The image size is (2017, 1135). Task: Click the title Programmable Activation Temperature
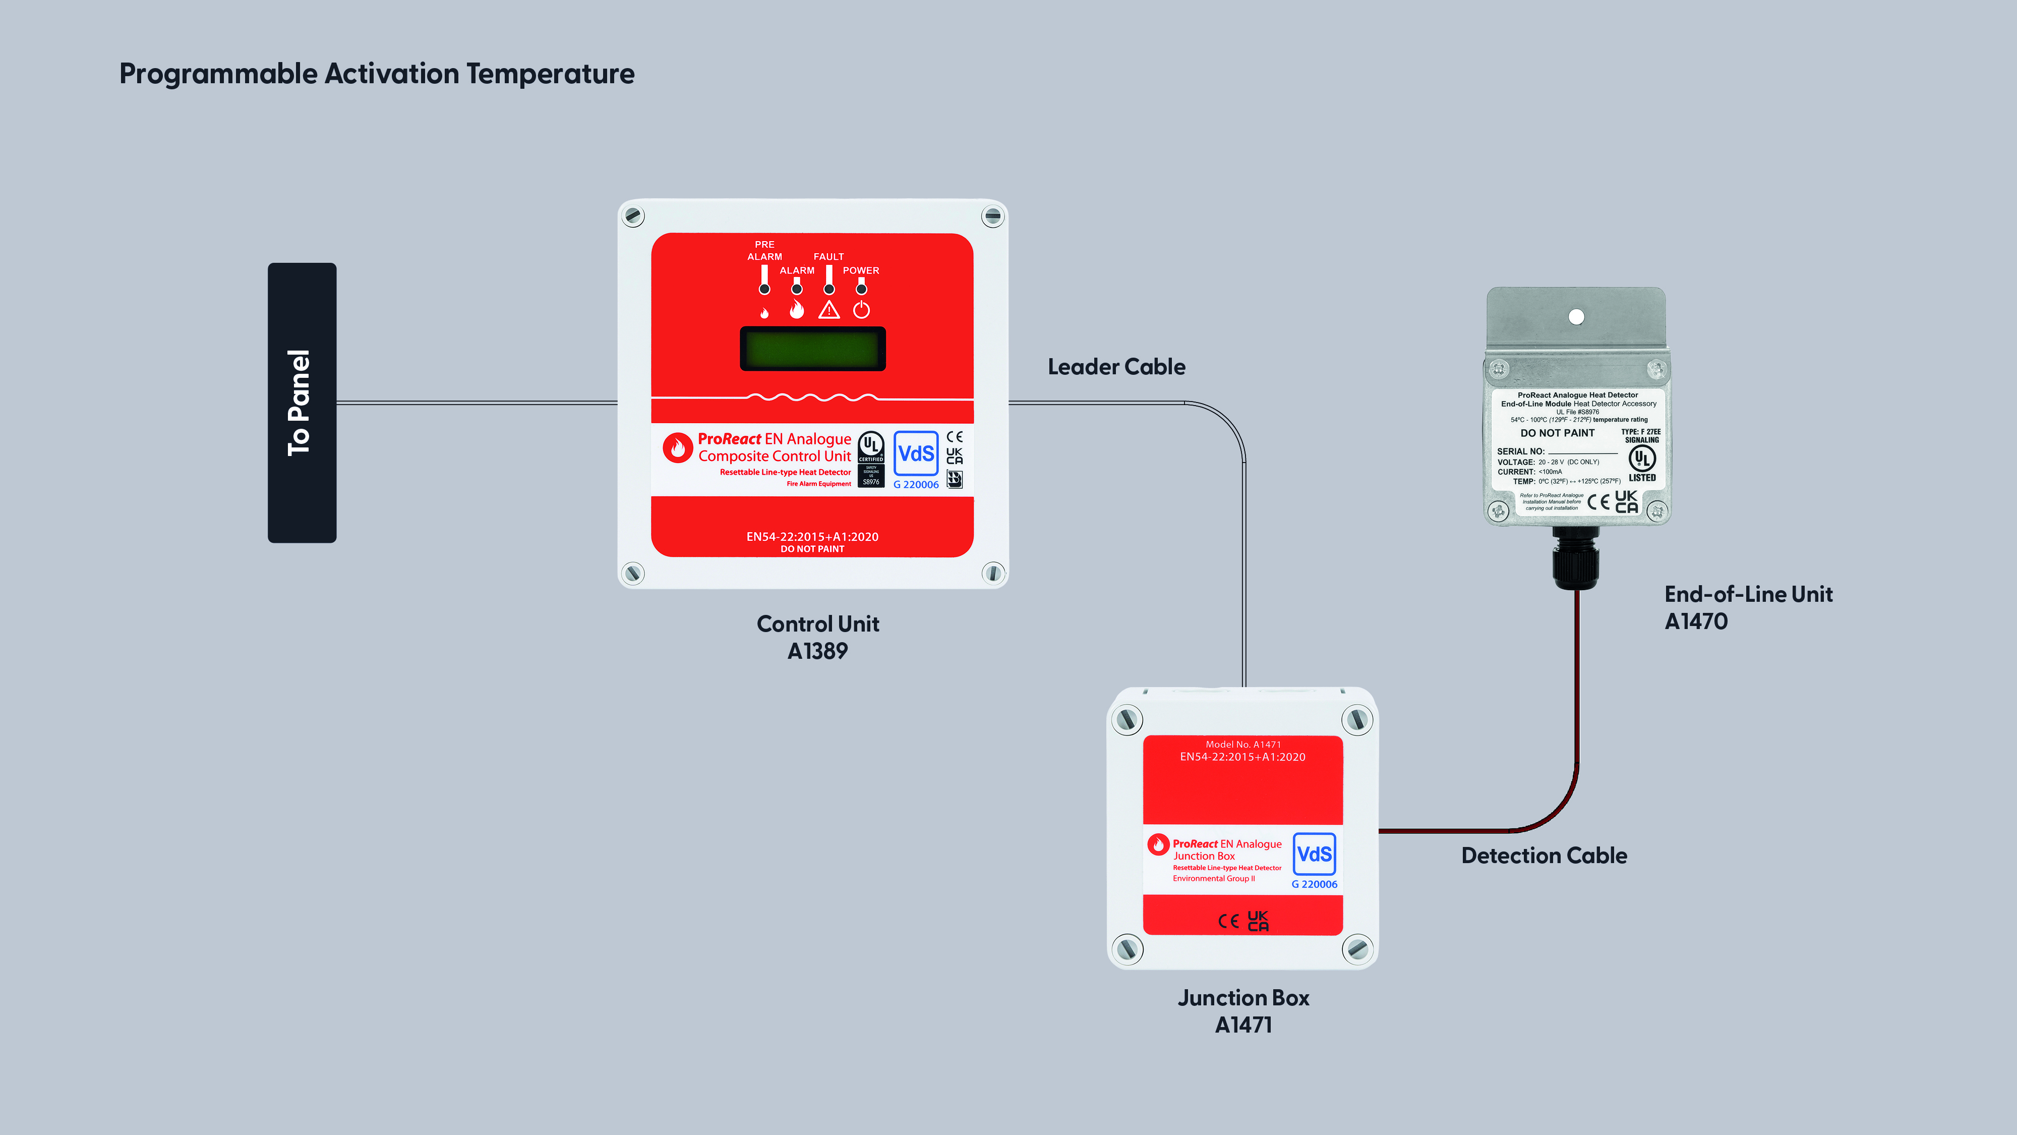pos(377,74)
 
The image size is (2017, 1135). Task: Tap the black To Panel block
pos(302,403)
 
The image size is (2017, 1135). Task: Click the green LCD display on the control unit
pos(813,349)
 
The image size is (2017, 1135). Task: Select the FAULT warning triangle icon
pos(828,310)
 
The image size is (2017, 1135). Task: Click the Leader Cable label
pos(1116,367)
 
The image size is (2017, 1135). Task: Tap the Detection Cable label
pos(1544,856)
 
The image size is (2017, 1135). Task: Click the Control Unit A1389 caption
pos(817,637)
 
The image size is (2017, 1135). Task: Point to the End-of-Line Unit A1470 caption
pos(1748,607)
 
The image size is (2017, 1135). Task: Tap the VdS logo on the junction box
pos(1314,854)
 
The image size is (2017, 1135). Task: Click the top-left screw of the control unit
pos(633,215)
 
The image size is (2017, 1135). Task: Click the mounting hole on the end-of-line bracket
pos(1576,316)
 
